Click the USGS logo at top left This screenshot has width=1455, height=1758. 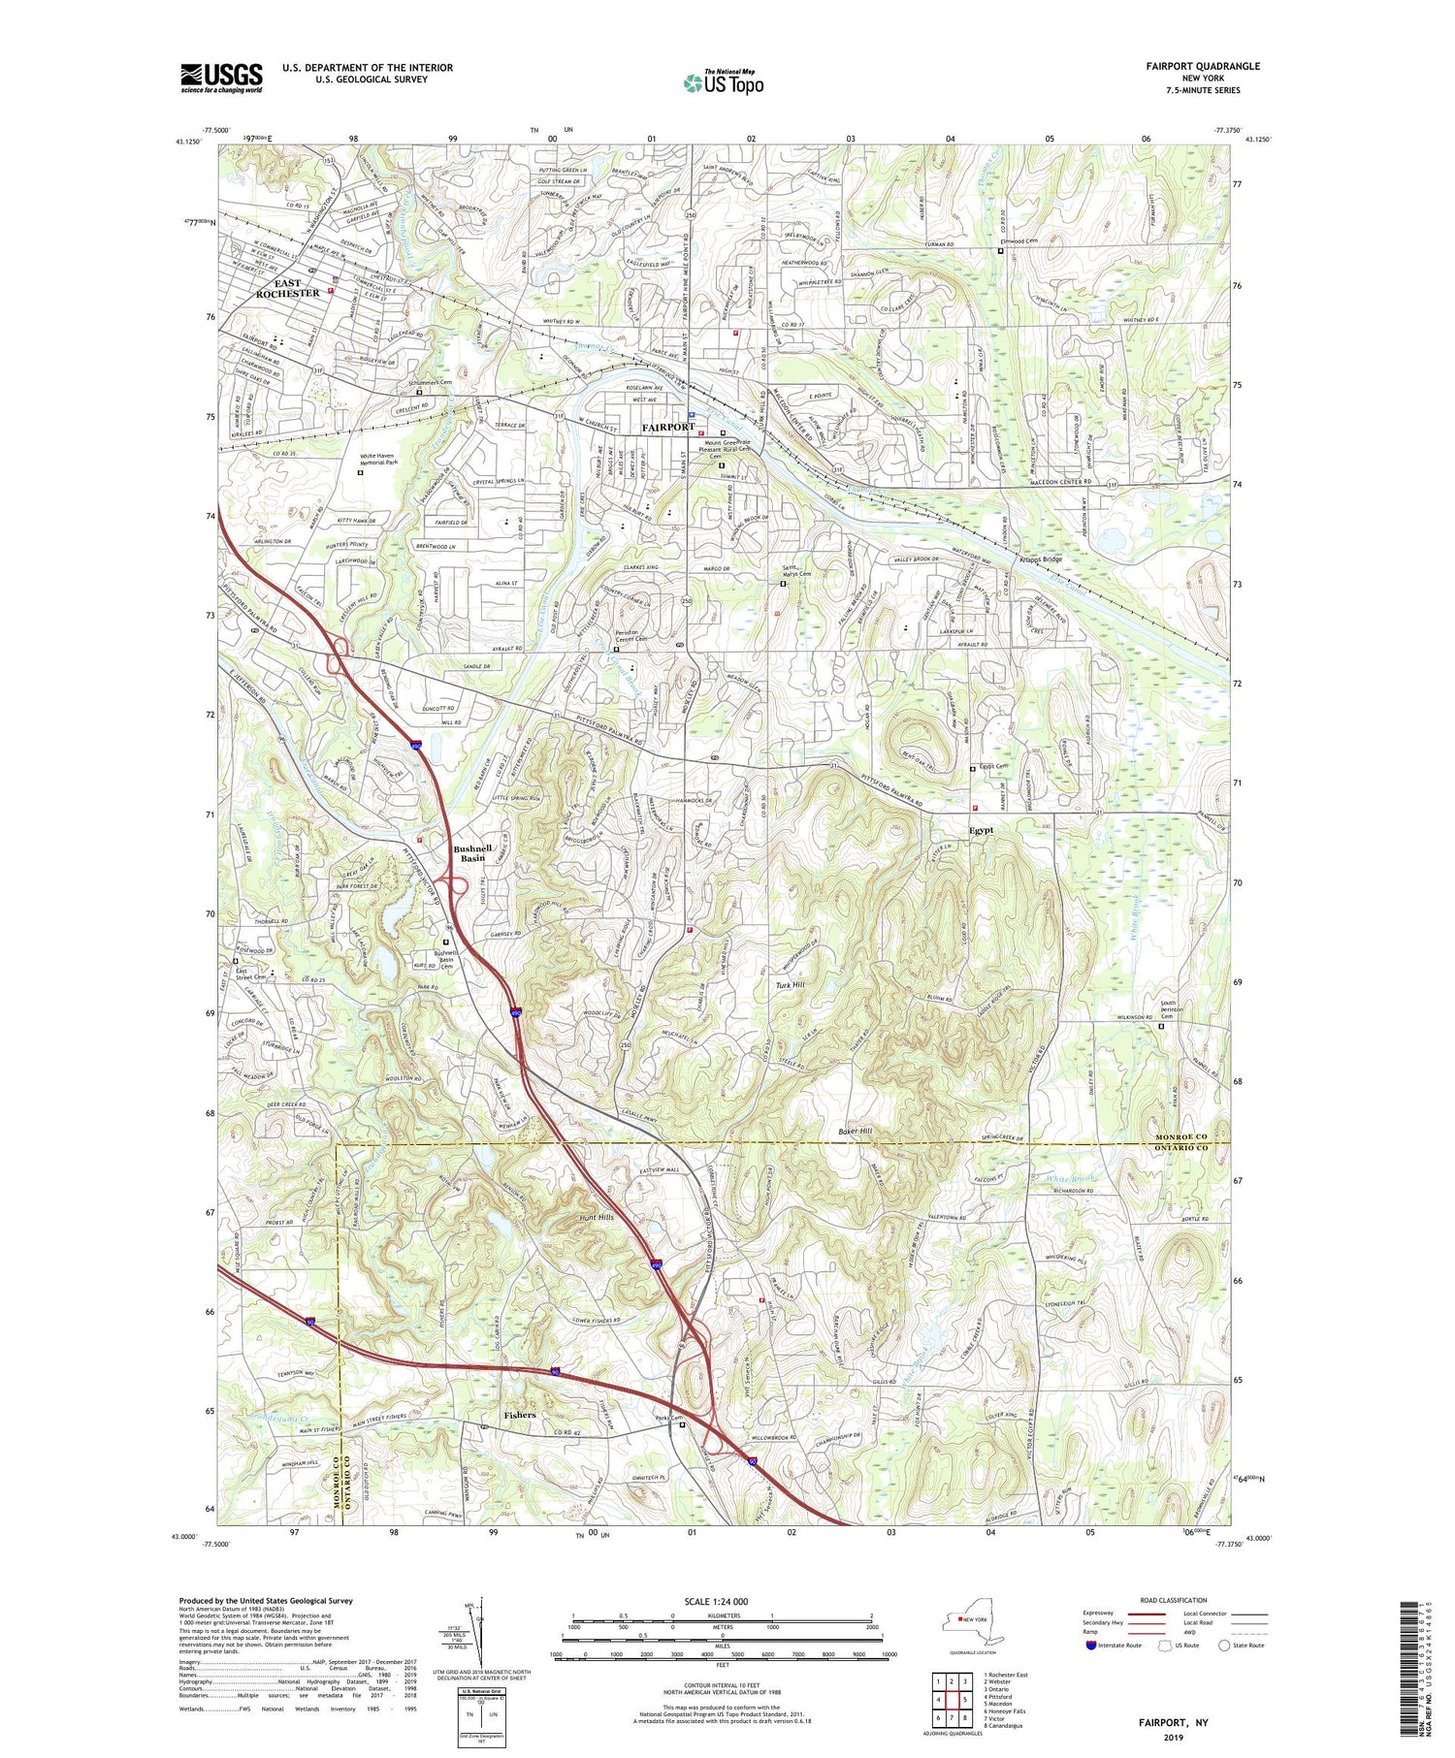tap(221, 78)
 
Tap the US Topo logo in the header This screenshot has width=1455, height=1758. tap(724, 82)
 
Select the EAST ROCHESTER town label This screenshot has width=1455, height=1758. tap(287, 288)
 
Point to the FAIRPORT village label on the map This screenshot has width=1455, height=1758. tap(668, 428)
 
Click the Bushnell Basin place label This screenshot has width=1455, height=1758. tap(472, 853)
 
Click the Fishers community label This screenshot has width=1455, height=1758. tap(520, 1415)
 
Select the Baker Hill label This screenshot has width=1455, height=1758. tap(855, 1132)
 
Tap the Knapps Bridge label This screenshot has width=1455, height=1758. tap(1040, 559)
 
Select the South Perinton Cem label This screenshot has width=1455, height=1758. tap(1183, 1010)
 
